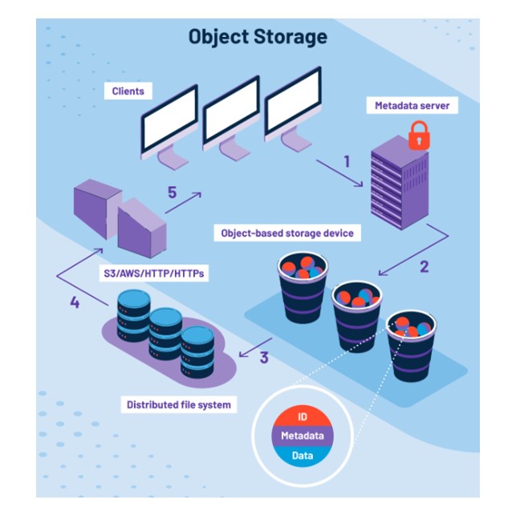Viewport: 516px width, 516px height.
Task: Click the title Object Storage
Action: [258, 37]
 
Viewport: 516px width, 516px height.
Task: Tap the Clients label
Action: [128, 91]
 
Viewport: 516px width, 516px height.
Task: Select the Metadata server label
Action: [409, 105]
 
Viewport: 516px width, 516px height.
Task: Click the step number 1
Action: [347, 160]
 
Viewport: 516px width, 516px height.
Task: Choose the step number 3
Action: [263, 358]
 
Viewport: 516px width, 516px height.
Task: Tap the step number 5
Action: [171, 193]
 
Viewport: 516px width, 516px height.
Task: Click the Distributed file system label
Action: [178, 404]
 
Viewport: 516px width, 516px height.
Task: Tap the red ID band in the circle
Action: [302, 417]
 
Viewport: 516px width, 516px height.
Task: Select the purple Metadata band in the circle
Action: [302, 437]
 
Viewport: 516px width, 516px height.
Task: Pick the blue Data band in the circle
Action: [302, 455]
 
